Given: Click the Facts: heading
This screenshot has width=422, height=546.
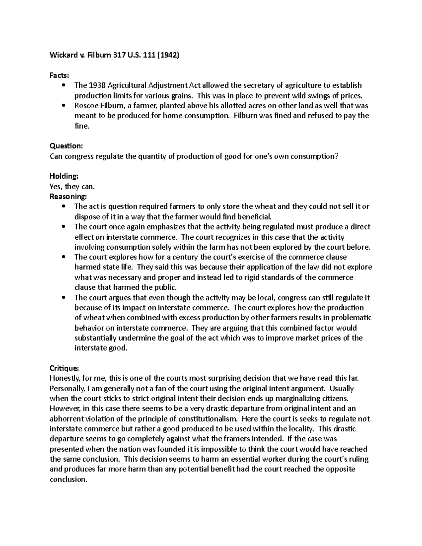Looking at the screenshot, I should click(59, 75).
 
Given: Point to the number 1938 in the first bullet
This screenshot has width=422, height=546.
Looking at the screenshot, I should click(96, 85).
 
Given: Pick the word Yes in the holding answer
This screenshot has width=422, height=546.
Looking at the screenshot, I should click(56, 187).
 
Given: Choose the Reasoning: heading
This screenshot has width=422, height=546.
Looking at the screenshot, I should click(68, 197).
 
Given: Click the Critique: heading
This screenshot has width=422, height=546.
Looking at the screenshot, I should click(65, 368).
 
